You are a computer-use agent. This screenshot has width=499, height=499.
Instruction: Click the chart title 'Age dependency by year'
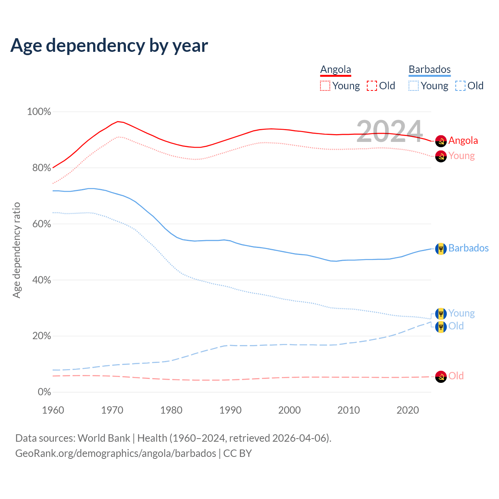(x=109, y=46)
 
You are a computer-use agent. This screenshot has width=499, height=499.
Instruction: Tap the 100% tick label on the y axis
(x=39, y=112)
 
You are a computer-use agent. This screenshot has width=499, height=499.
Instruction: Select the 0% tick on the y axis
(x=44, y=392)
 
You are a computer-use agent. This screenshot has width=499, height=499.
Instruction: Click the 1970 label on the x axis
(x=112, y=410)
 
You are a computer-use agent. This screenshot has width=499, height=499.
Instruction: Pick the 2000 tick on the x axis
(x=289, y=410)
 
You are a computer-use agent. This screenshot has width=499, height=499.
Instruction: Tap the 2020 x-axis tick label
(x=407, y=410)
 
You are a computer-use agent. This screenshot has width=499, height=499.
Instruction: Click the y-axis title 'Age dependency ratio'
(x=16, y=250)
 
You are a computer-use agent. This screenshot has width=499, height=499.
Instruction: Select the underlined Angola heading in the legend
(x=336, y=70)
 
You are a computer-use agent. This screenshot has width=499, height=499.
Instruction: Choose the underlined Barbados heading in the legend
(x=430, y=70)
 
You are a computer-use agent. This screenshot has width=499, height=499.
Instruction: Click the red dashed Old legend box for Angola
(x=372, y=86)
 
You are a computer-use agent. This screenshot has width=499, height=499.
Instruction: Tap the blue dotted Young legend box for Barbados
(x=414, y=86)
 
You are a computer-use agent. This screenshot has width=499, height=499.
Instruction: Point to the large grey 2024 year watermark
(x=389, y=131)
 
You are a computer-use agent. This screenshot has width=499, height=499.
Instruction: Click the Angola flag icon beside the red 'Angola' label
(x=441, y=141)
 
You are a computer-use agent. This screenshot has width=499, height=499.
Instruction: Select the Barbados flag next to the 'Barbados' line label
(x=441, y=248)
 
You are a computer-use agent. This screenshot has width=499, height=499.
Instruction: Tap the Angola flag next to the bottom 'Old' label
(x=441, y=376)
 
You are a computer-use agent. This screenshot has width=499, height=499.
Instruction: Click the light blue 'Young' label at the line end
(x=462, y=313)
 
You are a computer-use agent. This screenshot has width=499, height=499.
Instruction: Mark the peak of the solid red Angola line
(x=118, y=122)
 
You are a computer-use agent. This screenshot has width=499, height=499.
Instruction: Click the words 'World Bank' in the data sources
(x=104, y=438)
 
